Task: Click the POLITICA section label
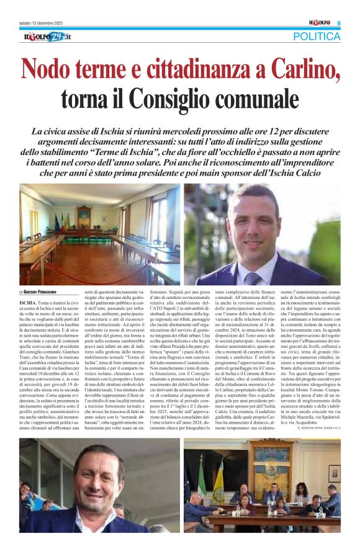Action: [317, 37]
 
